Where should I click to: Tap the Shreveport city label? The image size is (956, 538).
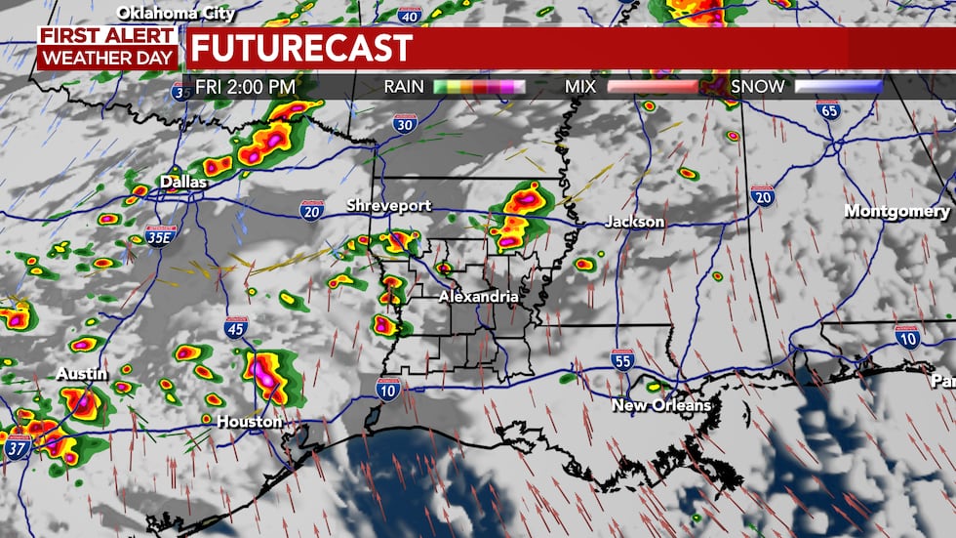[387, 205]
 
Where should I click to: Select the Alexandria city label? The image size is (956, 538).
[478, 296]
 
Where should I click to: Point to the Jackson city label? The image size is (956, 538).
[634, 222]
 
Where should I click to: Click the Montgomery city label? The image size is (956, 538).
[896, 211]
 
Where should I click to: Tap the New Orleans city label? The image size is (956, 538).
[660, 404]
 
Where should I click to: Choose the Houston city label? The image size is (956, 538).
[251, 422]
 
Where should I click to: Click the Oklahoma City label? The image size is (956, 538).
[176, 13]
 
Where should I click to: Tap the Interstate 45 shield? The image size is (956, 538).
[235, 328]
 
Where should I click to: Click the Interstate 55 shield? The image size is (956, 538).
[623, 358]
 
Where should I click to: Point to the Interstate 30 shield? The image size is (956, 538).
[405, 122]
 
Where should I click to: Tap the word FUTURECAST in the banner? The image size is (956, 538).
[301, 47]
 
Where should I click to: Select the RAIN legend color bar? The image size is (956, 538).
[479, 87]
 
